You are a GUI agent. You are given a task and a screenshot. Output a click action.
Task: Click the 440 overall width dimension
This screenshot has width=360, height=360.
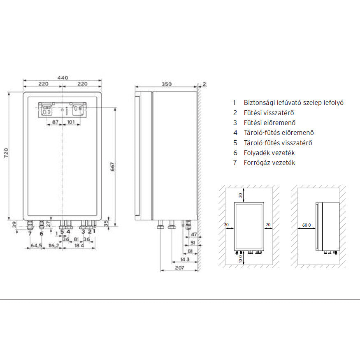pos(63,78)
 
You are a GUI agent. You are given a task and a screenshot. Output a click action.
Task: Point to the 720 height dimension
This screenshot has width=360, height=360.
pos(6,153)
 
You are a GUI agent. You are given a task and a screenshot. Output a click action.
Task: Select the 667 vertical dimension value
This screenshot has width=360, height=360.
pos(112,167)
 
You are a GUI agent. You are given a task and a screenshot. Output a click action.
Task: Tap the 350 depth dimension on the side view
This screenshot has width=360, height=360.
pos(167,84)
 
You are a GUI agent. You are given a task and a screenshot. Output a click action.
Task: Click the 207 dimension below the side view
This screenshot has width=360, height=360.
pos(179,268)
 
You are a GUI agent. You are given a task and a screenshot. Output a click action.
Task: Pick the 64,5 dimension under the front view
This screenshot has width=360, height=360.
pos(36,246)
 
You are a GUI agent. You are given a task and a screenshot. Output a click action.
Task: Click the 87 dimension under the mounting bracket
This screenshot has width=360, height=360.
pos(55,122)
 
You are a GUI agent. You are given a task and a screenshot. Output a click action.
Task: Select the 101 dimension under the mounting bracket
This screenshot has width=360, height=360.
pos(71,122)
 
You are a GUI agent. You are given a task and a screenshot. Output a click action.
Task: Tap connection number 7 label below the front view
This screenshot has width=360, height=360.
pos(30,234)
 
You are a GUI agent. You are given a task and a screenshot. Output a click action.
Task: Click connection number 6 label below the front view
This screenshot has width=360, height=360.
pos(41,234)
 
